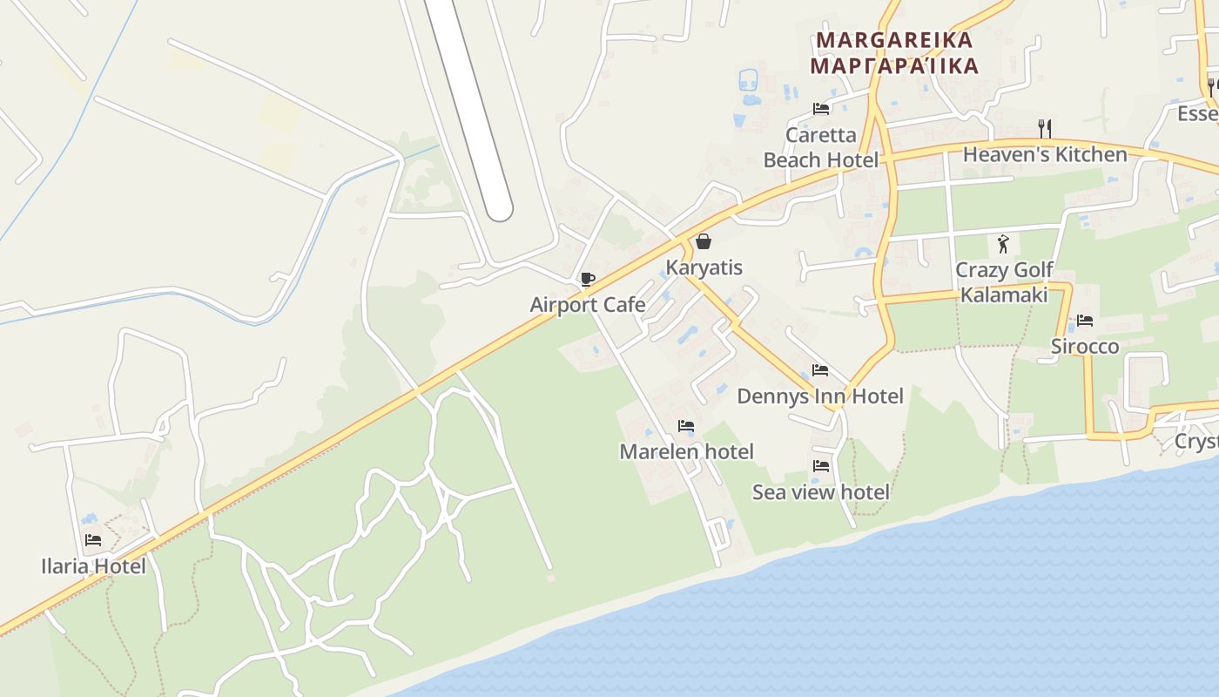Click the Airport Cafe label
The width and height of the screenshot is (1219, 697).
tap(588, 305)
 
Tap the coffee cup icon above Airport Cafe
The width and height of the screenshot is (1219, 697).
tap(587, 279)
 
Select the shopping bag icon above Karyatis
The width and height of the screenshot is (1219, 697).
tap(704, 241)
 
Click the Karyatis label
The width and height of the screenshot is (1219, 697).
tap(704, 267)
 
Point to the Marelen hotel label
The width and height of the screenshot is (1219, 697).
tap(686, 451)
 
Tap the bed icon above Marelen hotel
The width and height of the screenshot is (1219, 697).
tap(686, 426)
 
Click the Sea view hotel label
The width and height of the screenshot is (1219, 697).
tap(821, 492)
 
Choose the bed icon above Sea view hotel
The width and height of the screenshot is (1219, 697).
tap(820, 466)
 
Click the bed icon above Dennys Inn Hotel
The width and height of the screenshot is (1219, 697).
tap(819, 370)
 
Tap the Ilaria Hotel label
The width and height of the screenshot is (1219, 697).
tap(93, 566)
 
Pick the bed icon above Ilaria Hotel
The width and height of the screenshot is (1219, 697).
tap(93, 540)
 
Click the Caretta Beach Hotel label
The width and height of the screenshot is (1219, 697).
tap(821, 147)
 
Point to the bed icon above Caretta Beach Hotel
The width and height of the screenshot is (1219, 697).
tap(820, 109)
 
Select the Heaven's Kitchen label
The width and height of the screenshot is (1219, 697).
tap(1045, 155)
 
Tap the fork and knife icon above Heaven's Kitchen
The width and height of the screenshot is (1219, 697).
tap(1045, 129)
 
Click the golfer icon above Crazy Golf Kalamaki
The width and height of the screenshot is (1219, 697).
tap(1004, 244)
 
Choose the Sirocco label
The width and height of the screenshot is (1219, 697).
tap(1085, 347)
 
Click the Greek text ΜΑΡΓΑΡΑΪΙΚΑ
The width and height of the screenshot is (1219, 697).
tap(894, 65)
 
